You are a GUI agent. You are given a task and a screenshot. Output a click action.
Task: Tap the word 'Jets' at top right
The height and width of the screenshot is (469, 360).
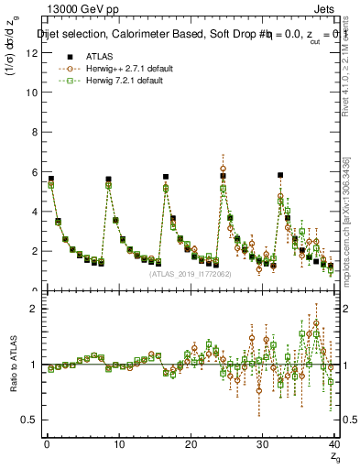[x=322, y=9]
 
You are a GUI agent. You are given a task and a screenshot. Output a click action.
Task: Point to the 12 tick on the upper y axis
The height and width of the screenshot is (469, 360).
[x=32, y=53]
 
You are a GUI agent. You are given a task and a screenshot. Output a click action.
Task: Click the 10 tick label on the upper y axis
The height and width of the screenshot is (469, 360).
[x=32, y=93]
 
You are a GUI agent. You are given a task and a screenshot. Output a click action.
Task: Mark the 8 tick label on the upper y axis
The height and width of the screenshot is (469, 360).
[x=34, y=132]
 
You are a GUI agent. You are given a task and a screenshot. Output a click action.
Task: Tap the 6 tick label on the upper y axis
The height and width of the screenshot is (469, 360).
[x=34, y=171]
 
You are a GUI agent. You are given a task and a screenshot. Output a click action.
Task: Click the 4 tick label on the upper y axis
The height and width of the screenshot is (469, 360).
[x=34, y=212]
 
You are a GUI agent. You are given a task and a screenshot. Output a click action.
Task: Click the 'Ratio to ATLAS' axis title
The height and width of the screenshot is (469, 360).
[x=12, y=365]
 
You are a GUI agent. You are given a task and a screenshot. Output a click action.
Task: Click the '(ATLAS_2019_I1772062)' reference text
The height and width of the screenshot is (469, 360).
[x=190, y=273]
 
